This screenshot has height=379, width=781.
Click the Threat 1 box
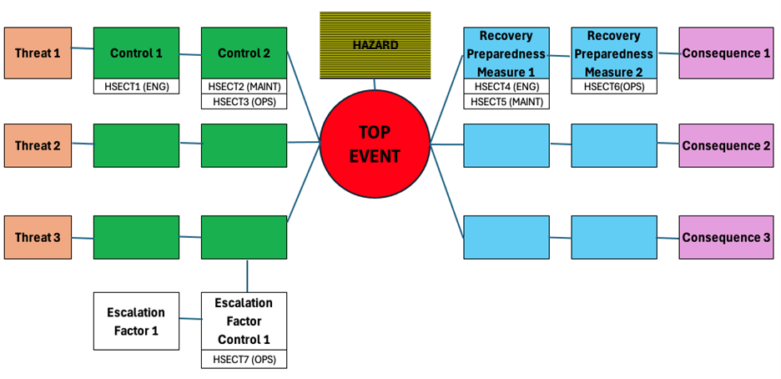point(38,53)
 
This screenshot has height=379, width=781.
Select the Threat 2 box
point(38,145)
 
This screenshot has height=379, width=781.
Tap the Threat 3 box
point(38,237)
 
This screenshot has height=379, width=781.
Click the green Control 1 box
point(136,53)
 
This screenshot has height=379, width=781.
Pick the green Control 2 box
point(244,53)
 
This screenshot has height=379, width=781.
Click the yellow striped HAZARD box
point(375,45)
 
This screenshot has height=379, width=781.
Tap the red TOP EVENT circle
point(375,144)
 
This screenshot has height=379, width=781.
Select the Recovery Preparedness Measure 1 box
point(506,53)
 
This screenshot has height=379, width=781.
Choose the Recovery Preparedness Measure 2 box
point(613,53)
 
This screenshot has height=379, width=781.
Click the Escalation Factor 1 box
point(136,321)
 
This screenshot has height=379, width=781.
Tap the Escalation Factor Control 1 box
point(244,321)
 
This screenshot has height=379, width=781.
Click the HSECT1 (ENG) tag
point(136,86)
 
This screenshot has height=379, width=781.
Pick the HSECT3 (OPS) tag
point(244,101)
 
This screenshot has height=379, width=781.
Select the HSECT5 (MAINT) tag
point(506,101)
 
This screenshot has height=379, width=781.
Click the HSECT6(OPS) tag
point(613,86)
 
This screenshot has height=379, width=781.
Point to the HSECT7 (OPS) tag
point(244,360)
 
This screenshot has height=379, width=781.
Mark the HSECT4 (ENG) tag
point(506,86)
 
